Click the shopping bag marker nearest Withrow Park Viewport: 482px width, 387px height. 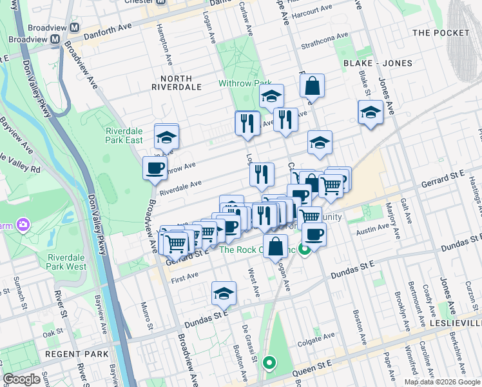312,86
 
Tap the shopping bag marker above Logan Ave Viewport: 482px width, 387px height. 275,246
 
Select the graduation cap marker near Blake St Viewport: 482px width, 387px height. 371,112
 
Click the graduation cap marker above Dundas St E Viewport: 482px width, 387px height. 224,293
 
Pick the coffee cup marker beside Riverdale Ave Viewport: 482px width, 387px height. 155,169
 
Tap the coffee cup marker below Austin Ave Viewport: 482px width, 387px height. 314,234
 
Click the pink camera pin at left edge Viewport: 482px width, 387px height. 24,224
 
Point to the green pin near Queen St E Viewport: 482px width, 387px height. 269,363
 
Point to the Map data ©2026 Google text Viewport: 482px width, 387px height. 443,382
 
